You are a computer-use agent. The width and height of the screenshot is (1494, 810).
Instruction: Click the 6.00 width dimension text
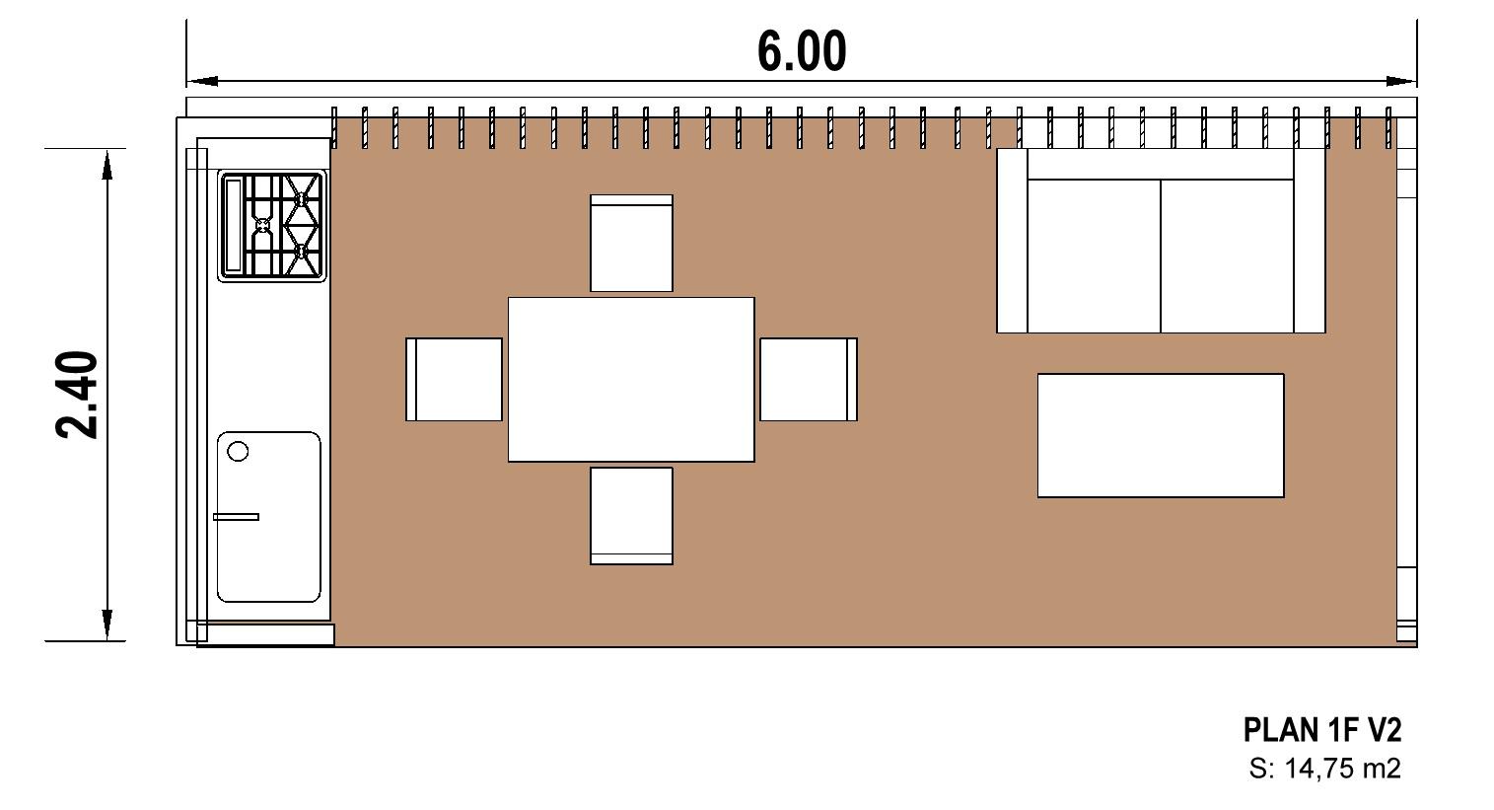pos(802,50)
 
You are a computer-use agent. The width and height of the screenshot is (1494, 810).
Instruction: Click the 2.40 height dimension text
pos(76,395)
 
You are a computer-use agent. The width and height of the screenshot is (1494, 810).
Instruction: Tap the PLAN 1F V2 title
pos(1322,730)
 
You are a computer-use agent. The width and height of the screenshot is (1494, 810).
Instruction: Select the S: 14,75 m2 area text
pos(1324,769)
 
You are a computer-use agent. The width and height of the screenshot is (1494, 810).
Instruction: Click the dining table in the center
pos(631,380)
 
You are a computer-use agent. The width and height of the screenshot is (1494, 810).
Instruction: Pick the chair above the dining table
pos(631,243)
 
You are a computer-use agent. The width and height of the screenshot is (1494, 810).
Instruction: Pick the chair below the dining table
pos(631,516)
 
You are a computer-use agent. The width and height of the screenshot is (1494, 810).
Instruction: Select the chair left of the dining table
pos(455,380)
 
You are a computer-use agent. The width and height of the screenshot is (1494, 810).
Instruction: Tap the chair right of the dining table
pos(809,380)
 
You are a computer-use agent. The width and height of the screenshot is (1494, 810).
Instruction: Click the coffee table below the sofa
pos(1161,436)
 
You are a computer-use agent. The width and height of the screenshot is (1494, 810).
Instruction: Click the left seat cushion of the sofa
pos(1094,257)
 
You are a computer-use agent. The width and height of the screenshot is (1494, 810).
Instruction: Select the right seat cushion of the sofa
pos(1227,257)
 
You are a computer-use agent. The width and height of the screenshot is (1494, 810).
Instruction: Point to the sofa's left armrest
pos(1012,240)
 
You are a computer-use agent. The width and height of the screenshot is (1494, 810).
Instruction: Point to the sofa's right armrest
pos(1310,240)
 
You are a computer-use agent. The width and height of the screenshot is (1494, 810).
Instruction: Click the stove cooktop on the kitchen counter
pos(272,226)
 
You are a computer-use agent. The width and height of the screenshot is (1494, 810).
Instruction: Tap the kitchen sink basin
pos(269,517)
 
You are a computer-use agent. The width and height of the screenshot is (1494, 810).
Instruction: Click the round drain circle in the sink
pos(238,452)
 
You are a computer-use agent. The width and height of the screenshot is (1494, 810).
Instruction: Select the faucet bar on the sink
pos(236,517)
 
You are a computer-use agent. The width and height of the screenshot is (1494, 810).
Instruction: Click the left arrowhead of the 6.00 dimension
pos(201,82)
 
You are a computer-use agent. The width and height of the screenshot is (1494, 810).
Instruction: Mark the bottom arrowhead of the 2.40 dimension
pos(107,626)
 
